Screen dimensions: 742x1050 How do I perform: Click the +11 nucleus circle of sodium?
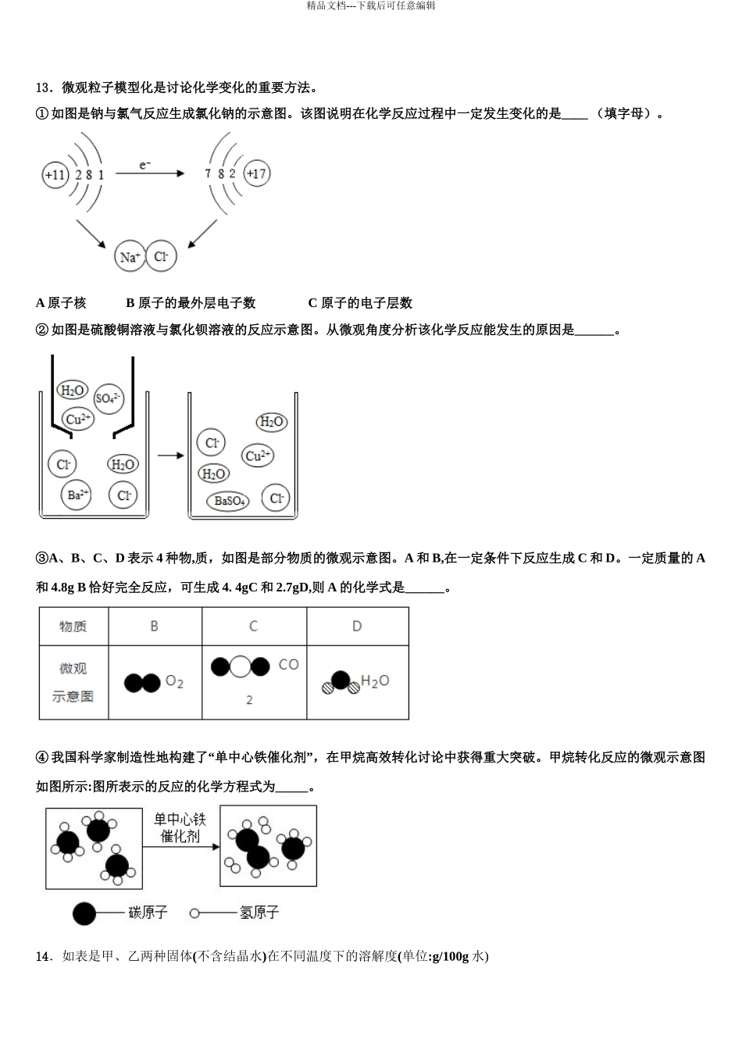55,174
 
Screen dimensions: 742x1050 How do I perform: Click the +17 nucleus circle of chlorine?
256,173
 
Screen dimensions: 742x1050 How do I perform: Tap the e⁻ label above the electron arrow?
145,165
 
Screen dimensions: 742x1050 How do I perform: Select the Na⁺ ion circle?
130,257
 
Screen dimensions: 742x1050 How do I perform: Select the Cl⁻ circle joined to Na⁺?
162,256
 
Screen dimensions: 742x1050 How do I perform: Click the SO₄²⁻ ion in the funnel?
108,398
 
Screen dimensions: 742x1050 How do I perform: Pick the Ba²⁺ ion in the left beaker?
77,495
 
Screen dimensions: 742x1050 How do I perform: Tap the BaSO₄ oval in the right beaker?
230,501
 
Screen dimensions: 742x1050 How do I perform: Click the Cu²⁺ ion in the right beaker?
258,455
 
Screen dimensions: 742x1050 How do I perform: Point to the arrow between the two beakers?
170,455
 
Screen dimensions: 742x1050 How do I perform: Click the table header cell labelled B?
155,627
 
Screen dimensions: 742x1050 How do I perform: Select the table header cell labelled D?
357,627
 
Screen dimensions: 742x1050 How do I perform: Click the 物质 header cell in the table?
73,627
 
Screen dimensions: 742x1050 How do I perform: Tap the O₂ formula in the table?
174,683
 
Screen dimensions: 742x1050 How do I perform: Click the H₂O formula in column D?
375,682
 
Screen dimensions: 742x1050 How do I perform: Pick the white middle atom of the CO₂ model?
241,666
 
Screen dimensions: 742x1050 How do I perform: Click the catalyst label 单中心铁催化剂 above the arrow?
180,827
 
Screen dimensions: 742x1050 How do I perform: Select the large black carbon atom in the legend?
84,913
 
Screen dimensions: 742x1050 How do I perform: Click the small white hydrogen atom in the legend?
194,912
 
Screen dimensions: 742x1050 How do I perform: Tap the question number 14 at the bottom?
43,956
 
